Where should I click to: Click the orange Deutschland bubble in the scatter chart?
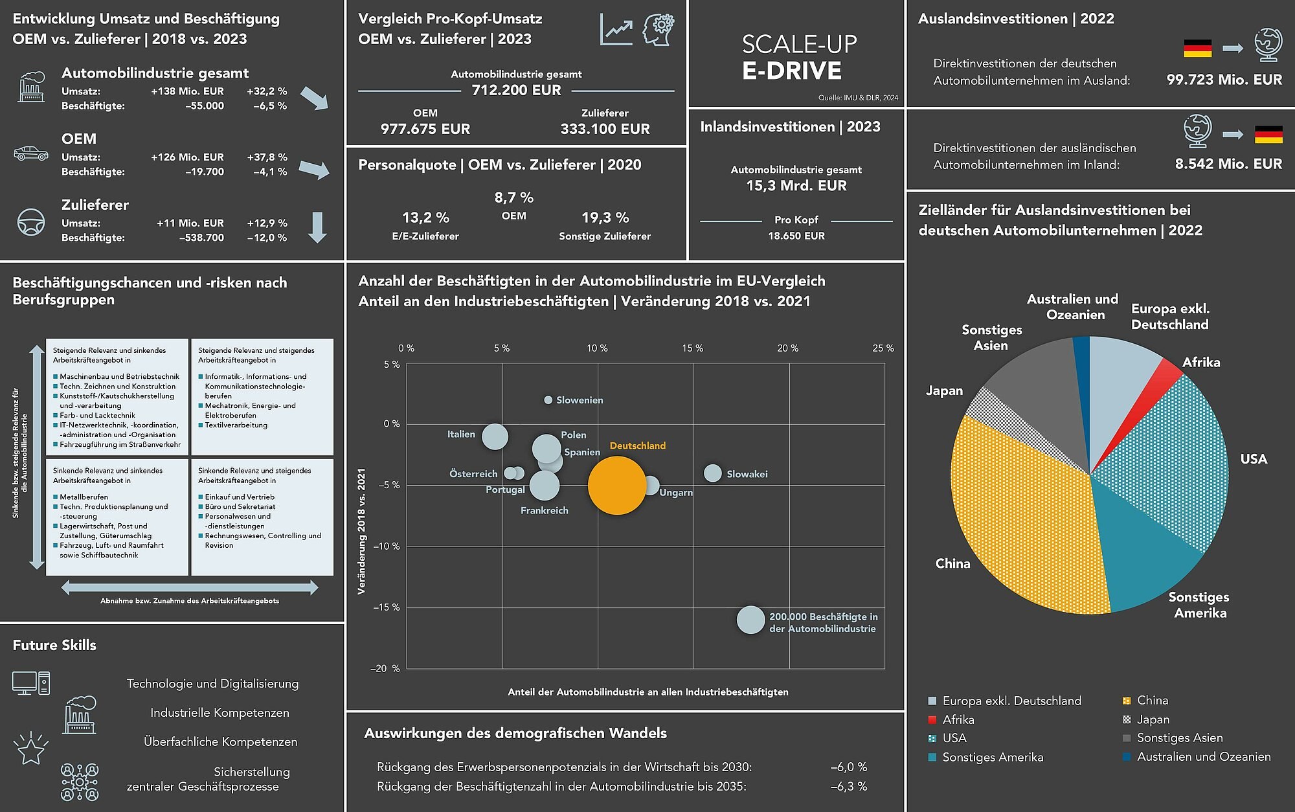click(x=617, y=486)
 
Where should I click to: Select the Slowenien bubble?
click(x=548, y=400)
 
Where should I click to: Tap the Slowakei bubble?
click(x=712, y=473)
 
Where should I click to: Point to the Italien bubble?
click(x=495, y=436)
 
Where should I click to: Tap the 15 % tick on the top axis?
click(x=692, y=348)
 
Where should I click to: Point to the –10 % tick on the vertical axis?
click(x=387, y=547)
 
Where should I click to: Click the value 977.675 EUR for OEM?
click(x=425, y=129)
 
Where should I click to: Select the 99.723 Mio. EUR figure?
click(x=1224, y=80)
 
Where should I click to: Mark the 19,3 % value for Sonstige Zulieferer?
click(x=605, y=218)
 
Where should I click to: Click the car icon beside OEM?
click(x=31, y=154)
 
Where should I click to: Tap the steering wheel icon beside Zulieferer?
click(x=31, y=222)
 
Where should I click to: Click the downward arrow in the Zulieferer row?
click(x=317, y=227)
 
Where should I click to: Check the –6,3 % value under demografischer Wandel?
click(x=848, y=787)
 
